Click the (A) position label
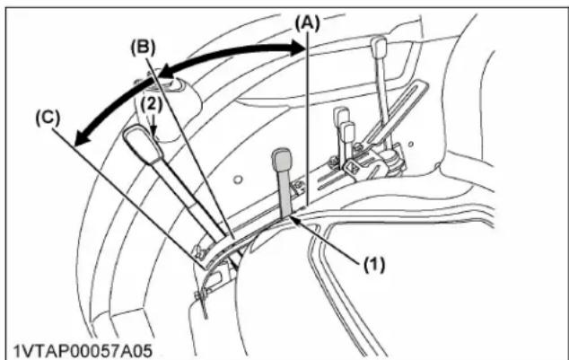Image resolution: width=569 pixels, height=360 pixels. point(307,24)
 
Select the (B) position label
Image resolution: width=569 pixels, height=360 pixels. point(143,48)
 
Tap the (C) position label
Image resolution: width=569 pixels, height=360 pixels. point(48,119)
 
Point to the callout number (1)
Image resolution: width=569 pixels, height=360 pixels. point(374,265)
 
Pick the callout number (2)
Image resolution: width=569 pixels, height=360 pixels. point(152,105)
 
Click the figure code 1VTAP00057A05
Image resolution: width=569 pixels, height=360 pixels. point(83,351)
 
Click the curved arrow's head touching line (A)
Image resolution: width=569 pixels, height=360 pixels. point(298,48)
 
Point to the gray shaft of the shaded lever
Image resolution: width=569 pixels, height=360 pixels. point(285,193)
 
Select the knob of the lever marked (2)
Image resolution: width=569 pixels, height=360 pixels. point(143,144)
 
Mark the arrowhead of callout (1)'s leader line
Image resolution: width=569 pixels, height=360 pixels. point(295,219)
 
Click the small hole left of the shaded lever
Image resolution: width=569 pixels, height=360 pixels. point(238,180)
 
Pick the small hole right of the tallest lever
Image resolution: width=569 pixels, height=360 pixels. point(410,144)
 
